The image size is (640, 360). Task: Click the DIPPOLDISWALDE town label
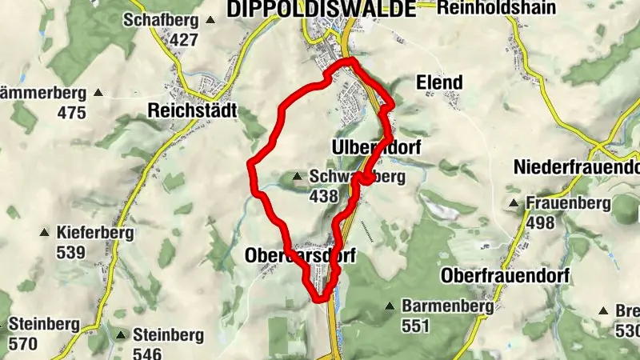click(x=322, y=9)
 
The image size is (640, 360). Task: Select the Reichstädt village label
click(x=192, y=111)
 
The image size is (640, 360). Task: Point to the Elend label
click(x=439, y=82)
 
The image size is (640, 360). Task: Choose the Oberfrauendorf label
click(x=505, y=275)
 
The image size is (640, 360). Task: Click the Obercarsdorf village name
click(x=299, y=255)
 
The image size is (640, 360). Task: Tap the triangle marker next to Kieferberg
click(x=45, y=234)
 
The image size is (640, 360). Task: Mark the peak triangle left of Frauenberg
click(x=514, y=203)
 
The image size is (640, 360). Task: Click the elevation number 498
click(x=540, y=222)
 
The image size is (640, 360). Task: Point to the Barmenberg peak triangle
click(x=390, y=306)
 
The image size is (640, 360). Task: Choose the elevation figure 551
click(x=415, y=326)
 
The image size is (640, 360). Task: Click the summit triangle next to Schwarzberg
click(x=298, y=177)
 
